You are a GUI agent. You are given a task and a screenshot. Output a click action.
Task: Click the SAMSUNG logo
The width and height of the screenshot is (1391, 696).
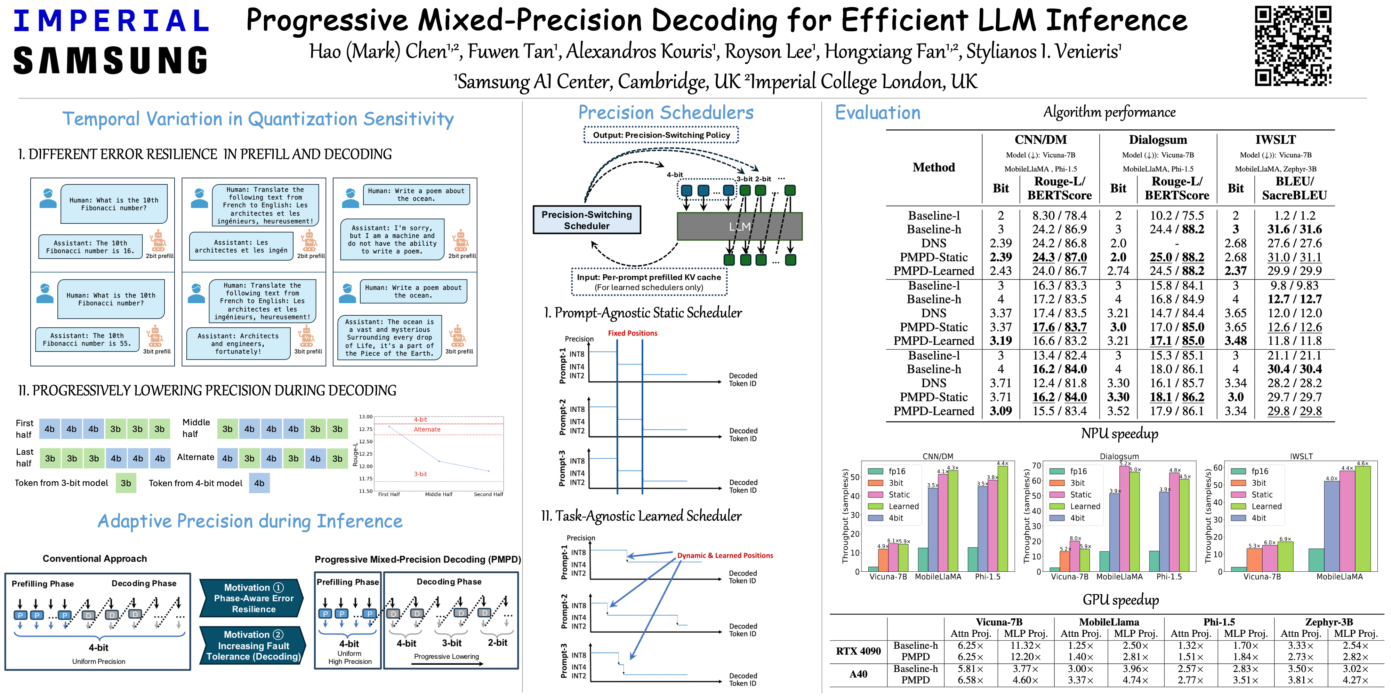point(111,61)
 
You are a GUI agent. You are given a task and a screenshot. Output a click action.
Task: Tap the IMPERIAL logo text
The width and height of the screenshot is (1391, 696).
point(111,21)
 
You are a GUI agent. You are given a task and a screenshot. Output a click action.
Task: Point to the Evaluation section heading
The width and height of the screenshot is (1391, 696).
point(877,112)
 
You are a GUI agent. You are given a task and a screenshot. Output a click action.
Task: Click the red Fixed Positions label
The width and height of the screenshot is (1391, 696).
point(632,333)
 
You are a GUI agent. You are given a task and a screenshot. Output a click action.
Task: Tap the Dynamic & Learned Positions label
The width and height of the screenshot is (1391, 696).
point(725,555)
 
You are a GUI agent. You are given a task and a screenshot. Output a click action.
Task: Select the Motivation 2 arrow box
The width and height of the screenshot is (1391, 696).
point(253,645)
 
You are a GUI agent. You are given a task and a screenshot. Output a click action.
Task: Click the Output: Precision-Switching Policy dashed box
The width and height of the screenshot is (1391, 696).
point(661,135)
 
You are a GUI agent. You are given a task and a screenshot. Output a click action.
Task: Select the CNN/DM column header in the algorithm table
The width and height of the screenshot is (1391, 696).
point(1040,140)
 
